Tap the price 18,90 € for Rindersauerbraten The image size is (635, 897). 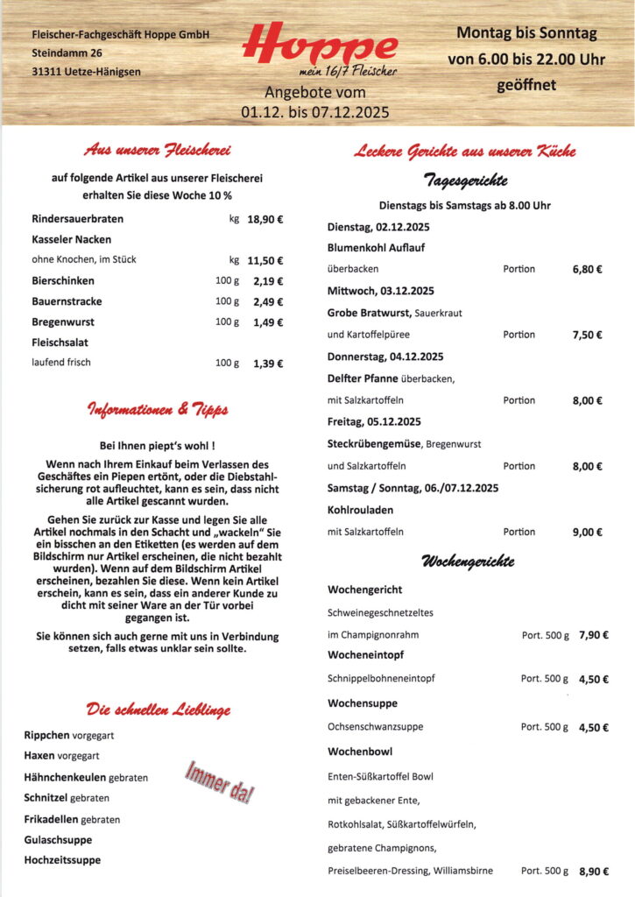pos(265,219)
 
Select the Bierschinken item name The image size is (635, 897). pos(63,281)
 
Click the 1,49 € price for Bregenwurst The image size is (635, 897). pos(267,322)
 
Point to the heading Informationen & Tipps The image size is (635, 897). pos(158,410)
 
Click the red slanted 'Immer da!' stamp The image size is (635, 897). pos(219,781)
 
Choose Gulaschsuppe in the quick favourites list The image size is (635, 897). pos(58,839)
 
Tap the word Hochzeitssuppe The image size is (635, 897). pos(62,859)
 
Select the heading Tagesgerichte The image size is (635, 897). pos(465,180)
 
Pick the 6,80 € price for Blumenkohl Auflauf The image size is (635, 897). pos(587,269)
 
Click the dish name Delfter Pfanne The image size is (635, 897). pos(363,378)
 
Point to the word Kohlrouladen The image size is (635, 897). pos(362,510)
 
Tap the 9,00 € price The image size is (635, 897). pos(587,532)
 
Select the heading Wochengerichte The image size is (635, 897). pos(468,561)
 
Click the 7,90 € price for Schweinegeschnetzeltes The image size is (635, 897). pos(593,635)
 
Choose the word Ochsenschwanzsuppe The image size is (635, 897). pos(375,727)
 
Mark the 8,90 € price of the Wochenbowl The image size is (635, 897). pos(593,872)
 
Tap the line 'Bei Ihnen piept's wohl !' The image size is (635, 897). pos(158,445)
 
